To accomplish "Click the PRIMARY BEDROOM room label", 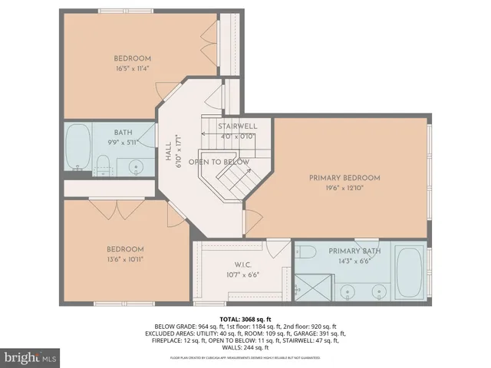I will click(x=344, y=178).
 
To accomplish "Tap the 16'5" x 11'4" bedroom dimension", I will click(x=133, y=67).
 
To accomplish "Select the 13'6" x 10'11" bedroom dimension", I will click(x=124, y=259).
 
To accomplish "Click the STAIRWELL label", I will click(x=237, y=126).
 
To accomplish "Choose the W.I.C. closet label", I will click(x=233, y=264).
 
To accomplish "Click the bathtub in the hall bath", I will click(x=78, y=148).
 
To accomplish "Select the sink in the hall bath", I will click(x=136, y=166).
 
